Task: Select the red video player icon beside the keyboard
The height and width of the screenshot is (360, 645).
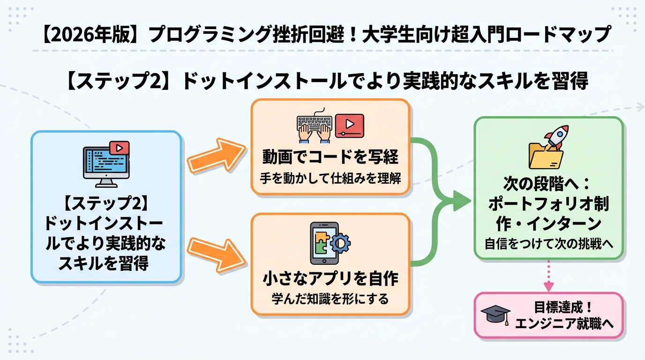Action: [x=349, y=125]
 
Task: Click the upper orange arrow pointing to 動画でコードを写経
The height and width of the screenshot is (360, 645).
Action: [x=217, y=157]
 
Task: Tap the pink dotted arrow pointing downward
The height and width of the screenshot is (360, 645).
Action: [x=548, y=277]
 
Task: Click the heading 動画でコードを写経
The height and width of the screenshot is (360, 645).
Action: [x=330, y=157]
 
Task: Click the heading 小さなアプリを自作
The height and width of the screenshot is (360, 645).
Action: [x=330, y=278]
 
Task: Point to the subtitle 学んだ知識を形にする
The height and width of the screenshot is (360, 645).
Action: [x=330, y=299]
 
